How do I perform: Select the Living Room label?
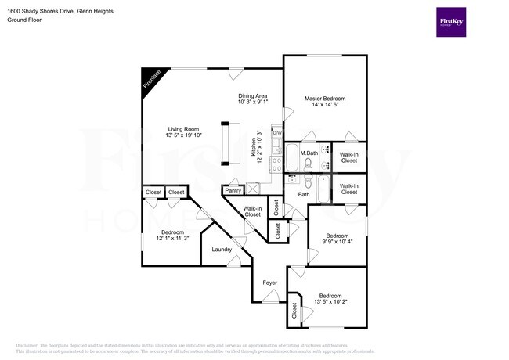click(182, 129)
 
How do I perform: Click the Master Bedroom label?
click(324, 99)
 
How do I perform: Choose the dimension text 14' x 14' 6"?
click(324, 106)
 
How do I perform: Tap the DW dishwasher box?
click(276, 133)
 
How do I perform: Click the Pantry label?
click(233, 190)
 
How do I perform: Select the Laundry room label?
click(221, 250)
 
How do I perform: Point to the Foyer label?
click(269, 283)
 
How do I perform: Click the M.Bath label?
click(309, 153)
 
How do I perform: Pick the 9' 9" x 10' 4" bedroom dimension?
click(338, 242)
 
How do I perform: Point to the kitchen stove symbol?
click(276, 164)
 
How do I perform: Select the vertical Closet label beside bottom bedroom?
click(294, 311)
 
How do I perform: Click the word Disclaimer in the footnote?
click(30, 344)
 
